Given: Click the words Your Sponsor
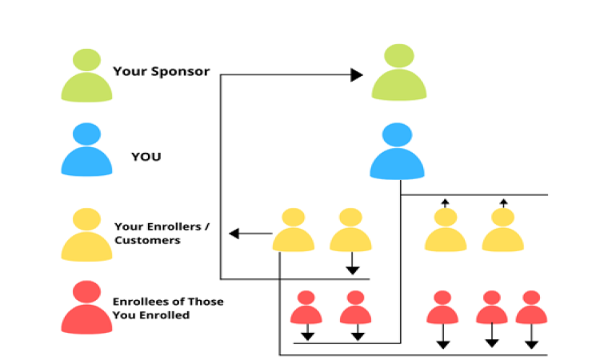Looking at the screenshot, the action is point(162,71).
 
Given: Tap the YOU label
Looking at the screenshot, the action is point(146,157).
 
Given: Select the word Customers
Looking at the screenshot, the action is point(147,240).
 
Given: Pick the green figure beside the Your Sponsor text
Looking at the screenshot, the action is point(87,75).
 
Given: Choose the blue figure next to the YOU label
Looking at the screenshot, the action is point(87,149).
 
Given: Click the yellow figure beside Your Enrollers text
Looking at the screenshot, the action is point(87,234).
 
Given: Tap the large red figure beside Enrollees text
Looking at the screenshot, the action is point(87,307).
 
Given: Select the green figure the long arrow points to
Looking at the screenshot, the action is point(399,72).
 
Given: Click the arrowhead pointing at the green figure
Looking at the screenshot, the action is point(357,74).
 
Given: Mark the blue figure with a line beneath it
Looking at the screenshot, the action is point(397,151).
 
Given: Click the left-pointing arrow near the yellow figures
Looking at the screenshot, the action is point(250,234).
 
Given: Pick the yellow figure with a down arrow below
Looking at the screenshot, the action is point(350,230).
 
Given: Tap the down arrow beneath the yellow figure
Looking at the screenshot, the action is point(352,263).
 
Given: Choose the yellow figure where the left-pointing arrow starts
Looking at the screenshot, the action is point(294,230).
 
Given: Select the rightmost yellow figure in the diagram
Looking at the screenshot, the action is point(503,230).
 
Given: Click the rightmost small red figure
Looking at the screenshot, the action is point(531,307).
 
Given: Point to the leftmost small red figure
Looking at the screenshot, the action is point(306,307).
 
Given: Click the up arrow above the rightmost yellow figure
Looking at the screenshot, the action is point(503,203).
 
